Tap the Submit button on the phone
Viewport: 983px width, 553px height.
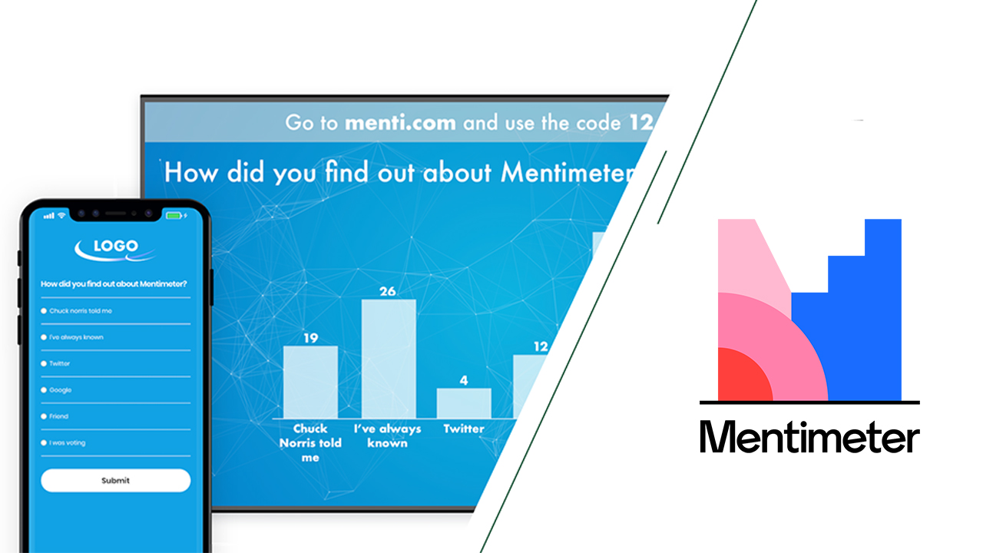[115, 481]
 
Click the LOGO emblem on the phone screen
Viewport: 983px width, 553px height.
[115, 247]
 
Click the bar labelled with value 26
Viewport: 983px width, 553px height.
[389, 358]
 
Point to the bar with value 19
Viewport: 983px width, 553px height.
[310, 382]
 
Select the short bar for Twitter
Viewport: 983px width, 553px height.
[464, 402]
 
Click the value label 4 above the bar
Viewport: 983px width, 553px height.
[464, 380]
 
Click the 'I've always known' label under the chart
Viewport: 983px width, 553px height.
[388, 435]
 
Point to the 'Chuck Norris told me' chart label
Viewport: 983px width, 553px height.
[310, 442]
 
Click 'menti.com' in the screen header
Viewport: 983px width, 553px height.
[400, 123]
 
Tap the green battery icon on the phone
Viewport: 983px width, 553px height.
[174, 215]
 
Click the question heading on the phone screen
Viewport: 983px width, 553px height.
[114, 284]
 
